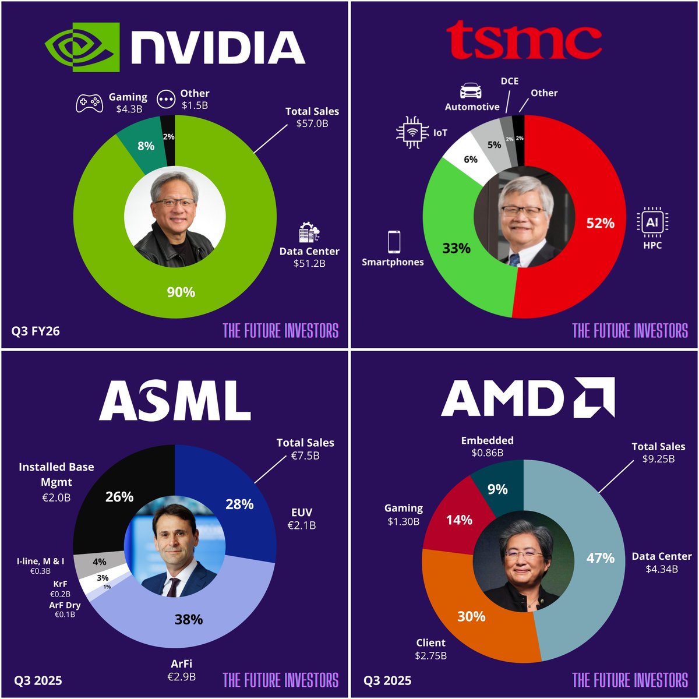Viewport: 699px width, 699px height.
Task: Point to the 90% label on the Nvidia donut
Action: coord(181,292)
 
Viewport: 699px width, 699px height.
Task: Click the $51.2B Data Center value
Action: coord(309,263)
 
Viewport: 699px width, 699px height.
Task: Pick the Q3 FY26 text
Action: coord(36,331)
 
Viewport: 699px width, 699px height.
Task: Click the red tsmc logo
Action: coord(524,40)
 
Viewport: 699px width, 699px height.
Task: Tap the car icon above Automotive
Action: coord(471,90)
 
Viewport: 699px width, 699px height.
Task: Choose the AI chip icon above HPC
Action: coord(652,222)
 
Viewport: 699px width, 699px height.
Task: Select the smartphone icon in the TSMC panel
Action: coord(394,241)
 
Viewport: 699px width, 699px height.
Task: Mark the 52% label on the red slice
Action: coord(601,223)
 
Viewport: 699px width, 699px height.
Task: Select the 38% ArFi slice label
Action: coord(189,619)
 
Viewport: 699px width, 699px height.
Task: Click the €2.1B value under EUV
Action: coord(302,525)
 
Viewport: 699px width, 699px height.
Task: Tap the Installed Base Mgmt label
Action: coord(56,474)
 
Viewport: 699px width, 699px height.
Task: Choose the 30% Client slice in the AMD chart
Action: coord(471,616)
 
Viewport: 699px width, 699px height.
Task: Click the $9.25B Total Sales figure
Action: coord(658,458)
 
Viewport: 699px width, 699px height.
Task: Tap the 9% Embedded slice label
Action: coord(497,489)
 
